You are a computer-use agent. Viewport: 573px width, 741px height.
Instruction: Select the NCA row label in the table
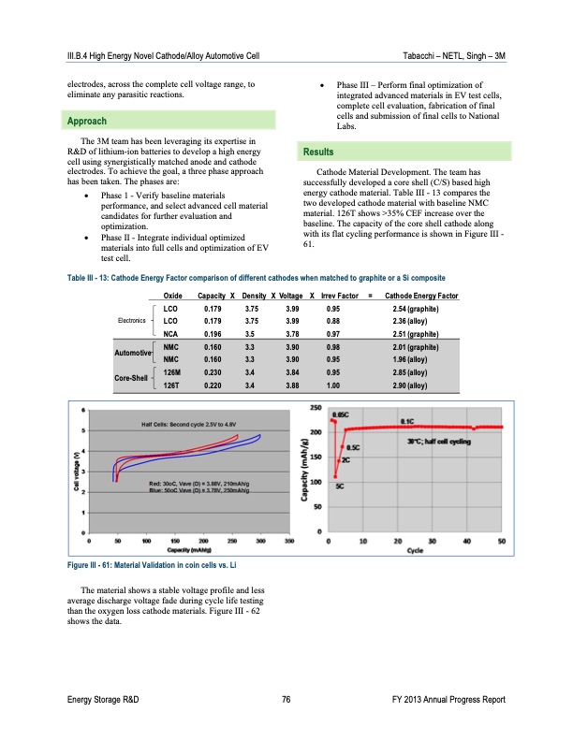(x=171, y=331)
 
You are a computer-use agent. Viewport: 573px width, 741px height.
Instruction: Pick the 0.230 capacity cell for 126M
(x=213, y=372)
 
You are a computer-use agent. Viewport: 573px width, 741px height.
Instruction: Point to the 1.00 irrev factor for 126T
(x=332, y=385)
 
